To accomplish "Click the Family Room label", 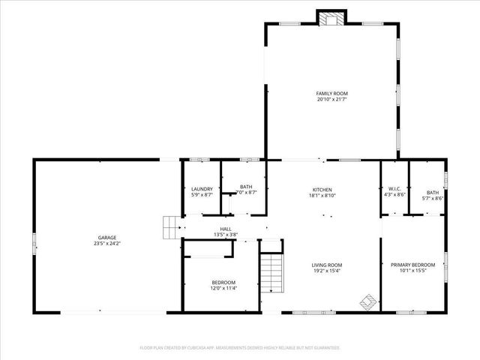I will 331,93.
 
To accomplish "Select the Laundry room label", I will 202,188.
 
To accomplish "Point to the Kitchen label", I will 322,189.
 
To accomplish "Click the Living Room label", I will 327,265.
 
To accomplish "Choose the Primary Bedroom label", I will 412,265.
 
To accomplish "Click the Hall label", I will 226,229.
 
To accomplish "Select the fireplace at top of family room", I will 331,18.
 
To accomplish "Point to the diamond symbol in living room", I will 367,301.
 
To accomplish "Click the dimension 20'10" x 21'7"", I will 331,99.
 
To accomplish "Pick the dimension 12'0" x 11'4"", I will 223,288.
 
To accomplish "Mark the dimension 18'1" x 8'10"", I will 322,195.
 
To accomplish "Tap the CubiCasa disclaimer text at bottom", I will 240,348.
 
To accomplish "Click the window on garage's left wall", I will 34,244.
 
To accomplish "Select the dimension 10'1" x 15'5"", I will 412,271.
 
